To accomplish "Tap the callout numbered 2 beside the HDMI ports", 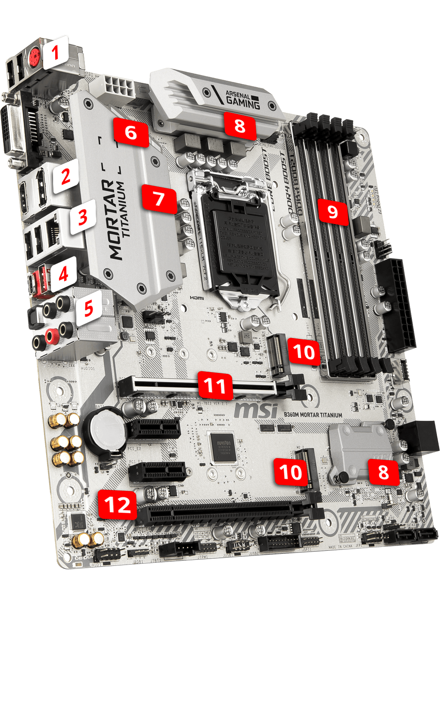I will tap(66, 176).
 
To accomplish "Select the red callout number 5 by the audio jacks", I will tap(88, 308).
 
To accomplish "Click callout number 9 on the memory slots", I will tap(332, 211).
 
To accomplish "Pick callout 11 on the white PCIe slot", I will tap(215, 385).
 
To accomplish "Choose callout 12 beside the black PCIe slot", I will tap(117, 505).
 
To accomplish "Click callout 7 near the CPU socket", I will tap(158, 199).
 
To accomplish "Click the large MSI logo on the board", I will tap(256, 409).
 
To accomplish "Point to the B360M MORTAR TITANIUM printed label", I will tap(313, 415).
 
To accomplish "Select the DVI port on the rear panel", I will tap(15, 129).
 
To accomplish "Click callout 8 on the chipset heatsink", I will tap(383, 472).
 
